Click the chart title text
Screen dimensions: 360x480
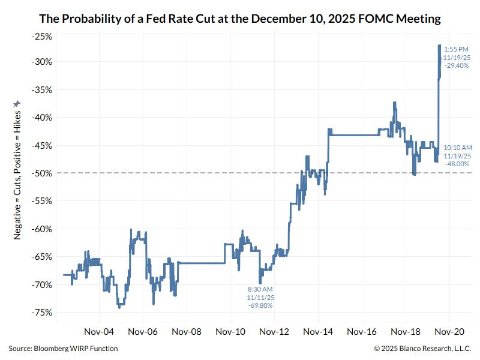(x=240, y=19)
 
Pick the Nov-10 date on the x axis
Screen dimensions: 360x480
(x=231, y=331)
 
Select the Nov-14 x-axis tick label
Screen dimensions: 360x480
(x=319, y=331)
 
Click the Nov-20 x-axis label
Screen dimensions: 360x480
(x=449, y=331)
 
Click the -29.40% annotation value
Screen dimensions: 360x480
(x=455, y=66)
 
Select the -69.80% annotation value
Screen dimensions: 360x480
(x=260, y=305)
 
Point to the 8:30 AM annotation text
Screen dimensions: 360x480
(x=260, y=289)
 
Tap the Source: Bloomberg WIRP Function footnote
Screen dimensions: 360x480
(x=63, y=349)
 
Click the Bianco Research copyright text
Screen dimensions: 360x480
(x=422, y=349)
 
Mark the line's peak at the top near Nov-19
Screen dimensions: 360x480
(x=440, y=46)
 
